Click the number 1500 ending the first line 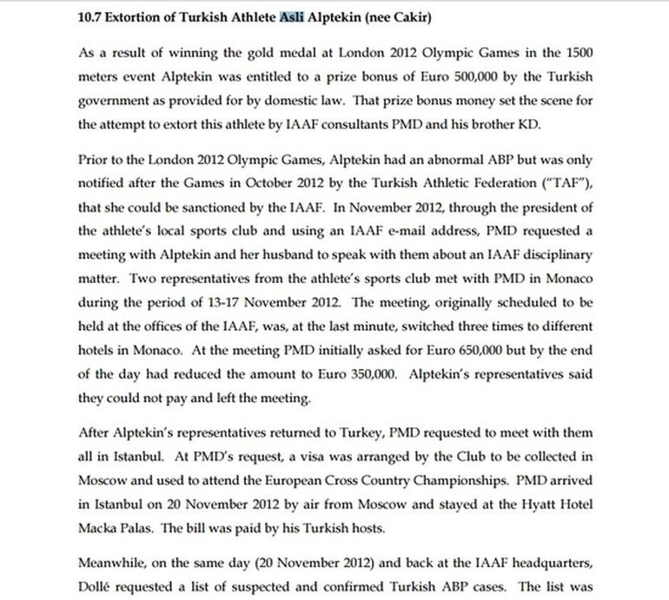[x=576, y=55]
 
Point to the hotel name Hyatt [x=523, y=502]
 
